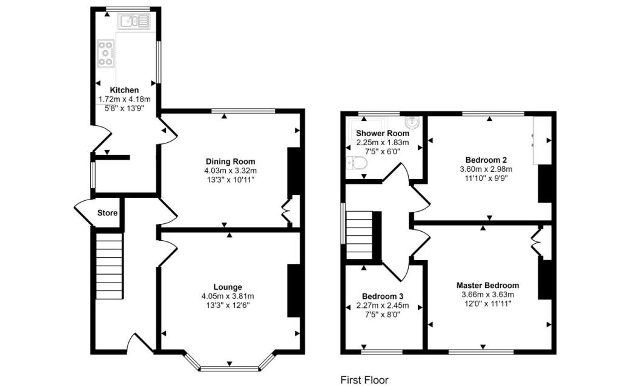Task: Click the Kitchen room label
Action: point(124,90)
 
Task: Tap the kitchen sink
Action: point(134,21)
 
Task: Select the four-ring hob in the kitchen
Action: point(105,53)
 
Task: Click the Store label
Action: point(108,213)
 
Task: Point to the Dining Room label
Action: point(231,162)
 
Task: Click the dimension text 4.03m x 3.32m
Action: point(231,171)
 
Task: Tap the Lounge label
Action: point(228,287)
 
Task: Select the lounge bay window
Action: point(230,364)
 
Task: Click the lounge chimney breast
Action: point(294,290)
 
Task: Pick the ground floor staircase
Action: point(109,266)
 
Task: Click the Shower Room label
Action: point(383,133)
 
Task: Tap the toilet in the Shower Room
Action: point(356,163)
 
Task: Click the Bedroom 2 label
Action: point(486,160)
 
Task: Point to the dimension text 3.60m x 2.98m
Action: point(486,169)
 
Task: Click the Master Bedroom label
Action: point(487,285)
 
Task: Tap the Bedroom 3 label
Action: point(383,296)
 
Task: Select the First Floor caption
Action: point(364,380)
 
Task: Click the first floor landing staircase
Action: point(360,235)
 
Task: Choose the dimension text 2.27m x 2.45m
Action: point(383,306)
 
